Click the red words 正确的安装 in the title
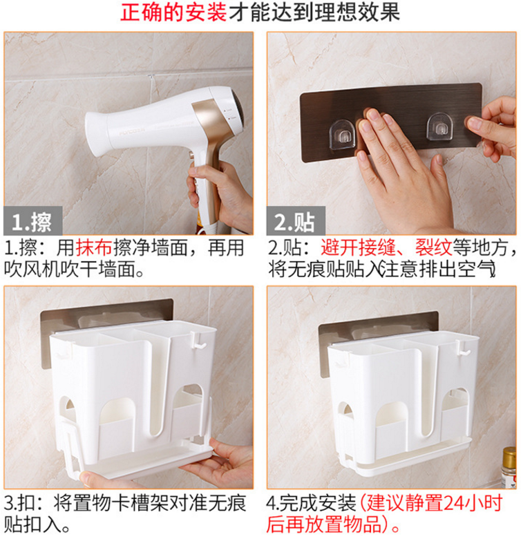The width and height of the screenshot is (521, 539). click(173, 12)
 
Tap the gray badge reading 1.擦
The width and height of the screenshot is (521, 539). click(33, 220)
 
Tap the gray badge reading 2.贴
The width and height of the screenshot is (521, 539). click(296, 220)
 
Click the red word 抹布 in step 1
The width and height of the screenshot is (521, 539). click(94, 247)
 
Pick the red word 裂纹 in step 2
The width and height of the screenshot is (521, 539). click(433, 247)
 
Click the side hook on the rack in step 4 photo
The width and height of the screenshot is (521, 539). click(463, 349)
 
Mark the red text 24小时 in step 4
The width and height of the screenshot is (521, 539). click(473, 503)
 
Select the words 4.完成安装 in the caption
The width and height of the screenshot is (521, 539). click(311, 504)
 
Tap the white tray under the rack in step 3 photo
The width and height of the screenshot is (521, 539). click(144, 461)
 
